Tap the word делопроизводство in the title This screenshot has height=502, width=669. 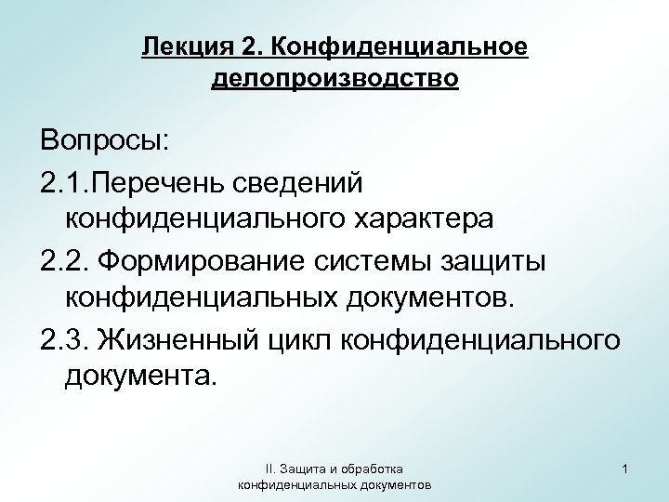tap(334, 78)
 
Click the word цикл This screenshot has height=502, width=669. tap(302, 340)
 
